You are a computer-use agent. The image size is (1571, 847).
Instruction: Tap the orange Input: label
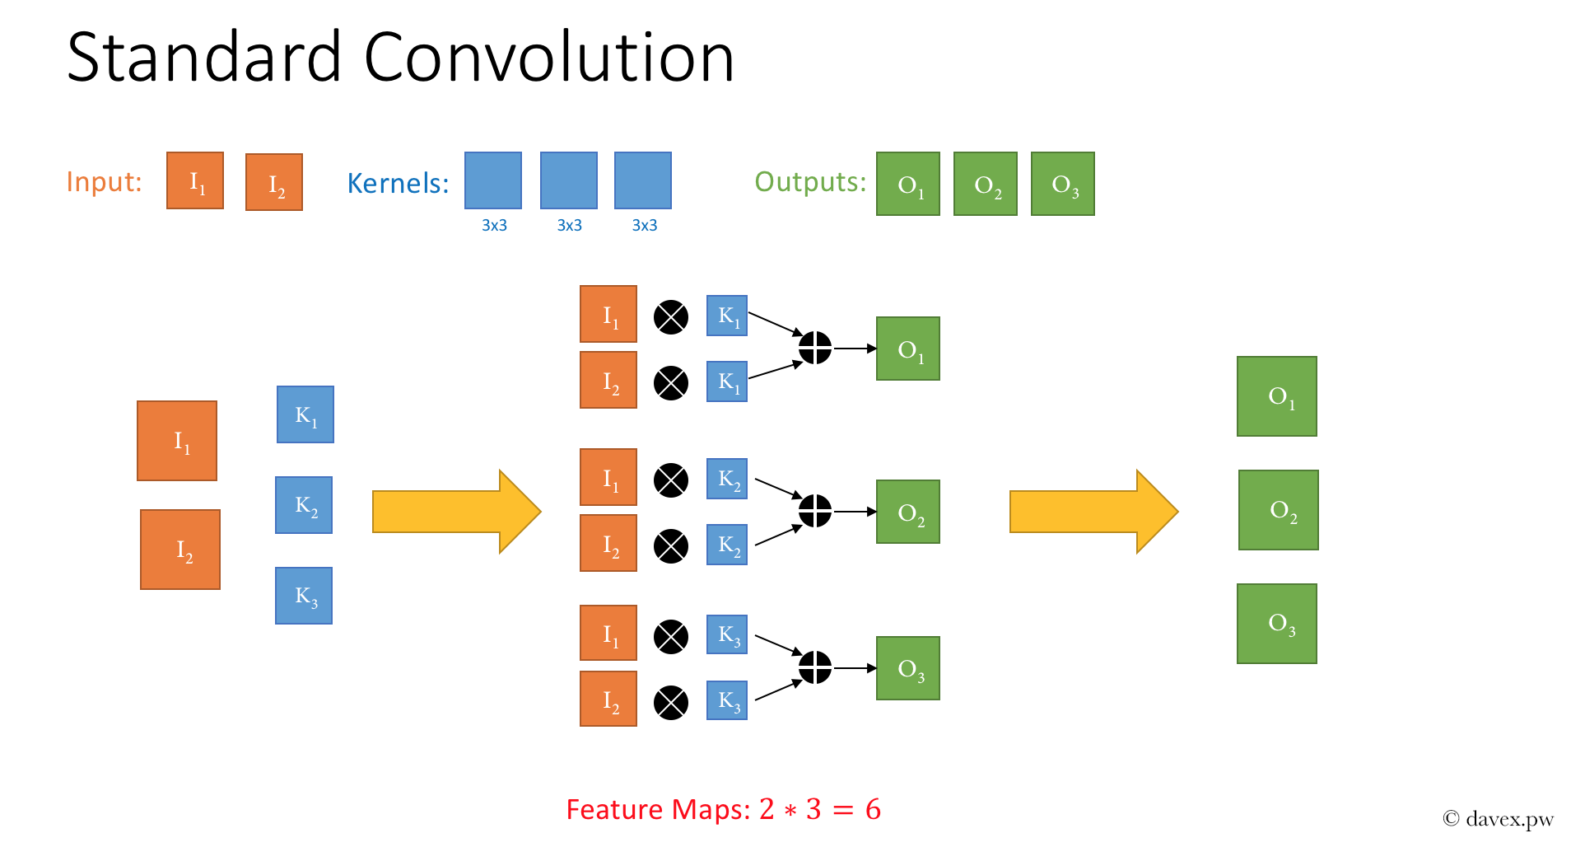pos(104,181)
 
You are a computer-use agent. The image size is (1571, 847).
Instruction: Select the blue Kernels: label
pos(398,183)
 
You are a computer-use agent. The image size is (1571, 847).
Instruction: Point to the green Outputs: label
pos(810,181)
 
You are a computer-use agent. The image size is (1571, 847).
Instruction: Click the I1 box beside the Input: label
pos(195,180)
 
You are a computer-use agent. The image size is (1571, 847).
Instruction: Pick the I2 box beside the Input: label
pos(274,182)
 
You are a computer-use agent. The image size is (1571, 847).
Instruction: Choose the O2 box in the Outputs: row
pos(986,184)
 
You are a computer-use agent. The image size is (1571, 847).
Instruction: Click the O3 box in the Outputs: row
pos(1063,184)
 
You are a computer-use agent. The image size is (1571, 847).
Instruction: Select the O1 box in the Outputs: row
pos(908,184)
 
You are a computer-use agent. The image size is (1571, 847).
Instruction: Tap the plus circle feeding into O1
pos(815,348)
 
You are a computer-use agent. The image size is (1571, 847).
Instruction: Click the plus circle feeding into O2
pos(815,511)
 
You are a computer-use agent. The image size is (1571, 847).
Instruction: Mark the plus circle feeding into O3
pos(815,667)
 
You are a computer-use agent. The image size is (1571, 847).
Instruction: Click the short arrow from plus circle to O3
pos(855,668)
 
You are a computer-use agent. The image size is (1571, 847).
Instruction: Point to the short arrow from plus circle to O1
pos(855,349)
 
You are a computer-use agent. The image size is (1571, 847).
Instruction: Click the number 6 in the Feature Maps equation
pos(873,809)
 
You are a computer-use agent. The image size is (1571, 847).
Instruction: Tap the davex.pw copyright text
pos(1499,818)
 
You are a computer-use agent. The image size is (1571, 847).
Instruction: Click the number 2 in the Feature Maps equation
pos(767,809)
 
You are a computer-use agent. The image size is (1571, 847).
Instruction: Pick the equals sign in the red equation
pos(843,810)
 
